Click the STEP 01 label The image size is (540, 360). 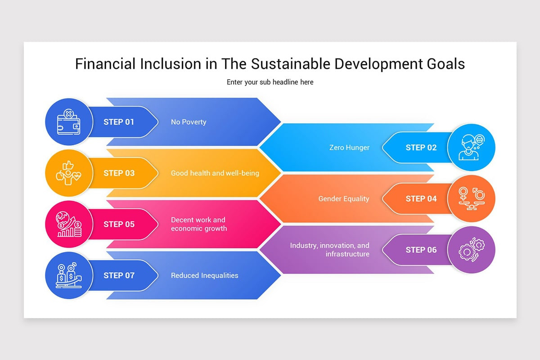(119, 122)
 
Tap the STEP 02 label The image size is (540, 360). (421, 148)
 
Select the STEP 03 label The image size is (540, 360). (119, 173)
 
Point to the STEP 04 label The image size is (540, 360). (421, 199)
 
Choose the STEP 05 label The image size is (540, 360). (119, 224)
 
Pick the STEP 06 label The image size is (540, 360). (421, 250)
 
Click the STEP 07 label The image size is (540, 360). (119, 275)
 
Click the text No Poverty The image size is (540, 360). (189, 122)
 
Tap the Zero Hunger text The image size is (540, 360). (349, 148)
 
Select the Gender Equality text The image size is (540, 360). (344, 199)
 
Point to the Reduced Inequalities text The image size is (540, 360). (204, 275)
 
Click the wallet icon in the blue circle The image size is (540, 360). (68, 122)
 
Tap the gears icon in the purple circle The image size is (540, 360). (471, 250)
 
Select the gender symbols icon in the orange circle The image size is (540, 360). (471, 198)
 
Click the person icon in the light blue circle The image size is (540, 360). (471, 148)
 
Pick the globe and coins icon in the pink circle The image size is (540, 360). (68, 224)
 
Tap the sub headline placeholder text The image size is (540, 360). (270, 82)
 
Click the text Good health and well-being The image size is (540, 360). (215, 173)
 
